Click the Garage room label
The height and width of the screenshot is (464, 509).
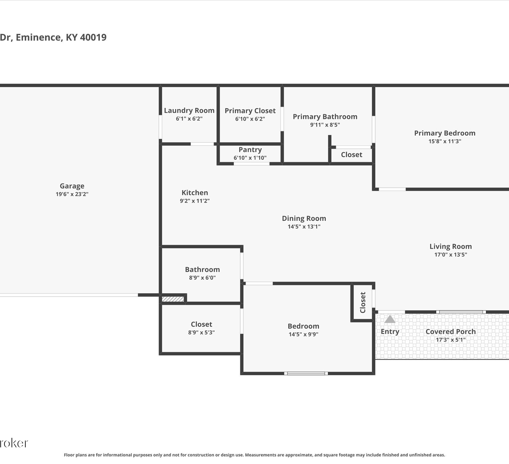tap(72, 186)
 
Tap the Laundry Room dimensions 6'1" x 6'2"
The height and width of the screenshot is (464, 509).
tap(189, 119)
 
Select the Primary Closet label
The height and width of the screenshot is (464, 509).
tap(250, 110)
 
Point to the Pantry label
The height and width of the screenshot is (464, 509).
tap(250, 150)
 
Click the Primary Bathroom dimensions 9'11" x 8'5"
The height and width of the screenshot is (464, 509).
tap(325, 124)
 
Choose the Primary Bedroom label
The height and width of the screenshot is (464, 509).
tap(445, 133)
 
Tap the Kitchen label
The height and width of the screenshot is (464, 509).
tap(195, 192)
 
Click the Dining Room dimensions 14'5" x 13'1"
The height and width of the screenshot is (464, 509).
tap(304, 226)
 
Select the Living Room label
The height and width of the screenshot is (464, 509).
tap(451, 246)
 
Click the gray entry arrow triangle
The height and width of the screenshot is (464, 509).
tap(390, 319)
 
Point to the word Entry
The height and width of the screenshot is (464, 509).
tap(390, 331)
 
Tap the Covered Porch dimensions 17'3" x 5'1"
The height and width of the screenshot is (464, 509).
tap(451, 340)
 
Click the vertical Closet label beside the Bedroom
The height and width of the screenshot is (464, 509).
tap(363, 303)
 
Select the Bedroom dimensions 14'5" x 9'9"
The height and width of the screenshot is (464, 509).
tap(303, 334)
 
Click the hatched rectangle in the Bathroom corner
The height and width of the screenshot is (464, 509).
tap(173, 299)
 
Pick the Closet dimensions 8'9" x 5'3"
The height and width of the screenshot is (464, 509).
tap(202, 332)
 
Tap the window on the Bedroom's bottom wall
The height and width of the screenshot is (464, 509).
tap(306, 374)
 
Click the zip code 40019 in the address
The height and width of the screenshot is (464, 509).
tap(93, 37)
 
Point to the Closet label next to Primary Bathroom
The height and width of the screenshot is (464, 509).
tap(352, 155)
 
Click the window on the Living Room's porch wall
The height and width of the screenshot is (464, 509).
tap(461, 312)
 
